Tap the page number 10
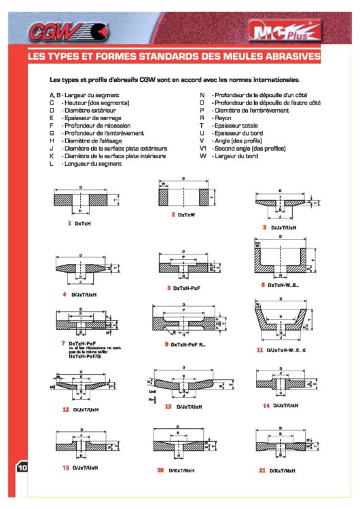point(21,467)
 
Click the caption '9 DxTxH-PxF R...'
point(186,345)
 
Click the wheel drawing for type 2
point(184,196)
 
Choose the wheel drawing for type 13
point(184,386)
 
